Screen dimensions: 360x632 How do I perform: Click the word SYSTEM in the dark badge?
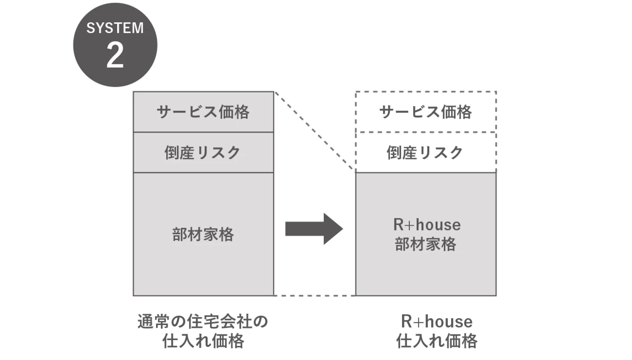115,28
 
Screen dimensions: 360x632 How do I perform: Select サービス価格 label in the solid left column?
203,112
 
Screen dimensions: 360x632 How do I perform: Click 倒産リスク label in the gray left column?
203,152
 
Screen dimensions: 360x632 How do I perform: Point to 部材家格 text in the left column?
203,235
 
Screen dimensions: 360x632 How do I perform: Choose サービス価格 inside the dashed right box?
426,112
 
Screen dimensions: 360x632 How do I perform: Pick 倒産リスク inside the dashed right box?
426,152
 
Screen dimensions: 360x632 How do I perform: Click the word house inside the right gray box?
439,225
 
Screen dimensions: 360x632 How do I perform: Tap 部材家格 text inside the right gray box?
426,244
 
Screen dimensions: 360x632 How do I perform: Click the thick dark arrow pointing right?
314,229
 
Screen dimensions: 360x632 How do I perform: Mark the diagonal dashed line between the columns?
315,131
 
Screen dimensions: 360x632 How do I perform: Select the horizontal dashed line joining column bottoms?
315,295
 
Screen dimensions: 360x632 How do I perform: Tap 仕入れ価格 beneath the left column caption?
203,341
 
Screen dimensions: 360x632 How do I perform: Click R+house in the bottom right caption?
436,321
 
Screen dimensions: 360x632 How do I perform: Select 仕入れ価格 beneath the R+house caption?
436,341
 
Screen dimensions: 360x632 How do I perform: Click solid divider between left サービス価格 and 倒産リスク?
203,132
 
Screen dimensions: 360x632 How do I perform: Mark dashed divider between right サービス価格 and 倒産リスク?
426,132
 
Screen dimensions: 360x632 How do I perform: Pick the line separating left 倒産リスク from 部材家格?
203,172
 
